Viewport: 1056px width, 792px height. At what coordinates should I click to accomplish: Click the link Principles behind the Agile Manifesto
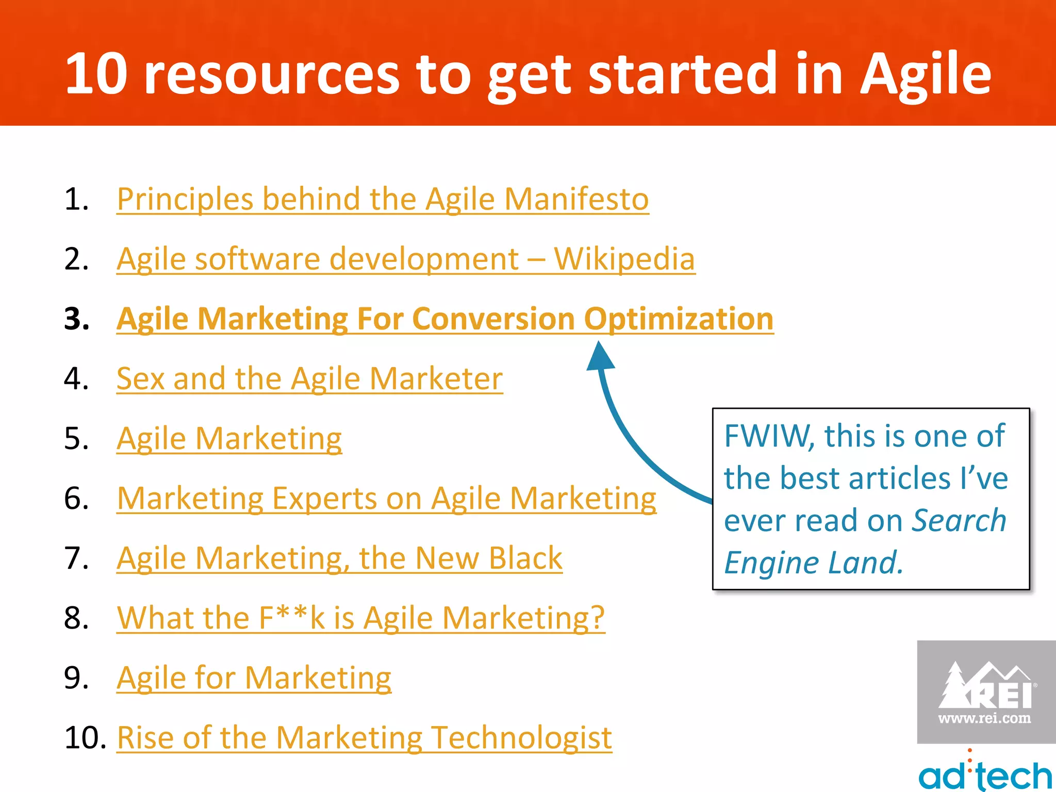(383, 199)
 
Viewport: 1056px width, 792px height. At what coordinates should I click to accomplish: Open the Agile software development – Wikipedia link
(406, 259)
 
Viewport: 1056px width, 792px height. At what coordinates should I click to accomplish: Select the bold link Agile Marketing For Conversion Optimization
(445, 319)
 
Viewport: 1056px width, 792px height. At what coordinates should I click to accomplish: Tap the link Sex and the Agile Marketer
(309, 378)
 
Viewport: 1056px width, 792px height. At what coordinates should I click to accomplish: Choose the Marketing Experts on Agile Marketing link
(387, 499)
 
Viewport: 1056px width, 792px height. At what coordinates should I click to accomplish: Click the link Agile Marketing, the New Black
(339, 558)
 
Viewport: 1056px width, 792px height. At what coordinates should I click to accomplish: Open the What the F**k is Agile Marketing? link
(360, 618)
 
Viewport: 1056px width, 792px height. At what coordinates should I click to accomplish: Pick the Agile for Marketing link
(254, 678)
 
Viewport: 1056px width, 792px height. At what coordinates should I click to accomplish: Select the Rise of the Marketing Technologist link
(364, 737)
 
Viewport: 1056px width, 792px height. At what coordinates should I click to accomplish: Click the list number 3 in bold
(76, 319)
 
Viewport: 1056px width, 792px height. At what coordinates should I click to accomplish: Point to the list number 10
(85, 737)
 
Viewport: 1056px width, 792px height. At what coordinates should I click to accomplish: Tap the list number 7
(76, 558)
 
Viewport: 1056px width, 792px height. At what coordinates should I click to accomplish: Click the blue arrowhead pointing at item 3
(600, 356)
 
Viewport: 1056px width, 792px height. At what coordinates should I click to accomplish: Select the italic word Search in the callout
(959, 520)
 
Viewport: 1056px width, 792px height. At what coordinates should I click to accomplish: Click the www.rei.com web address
(984, 718)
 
